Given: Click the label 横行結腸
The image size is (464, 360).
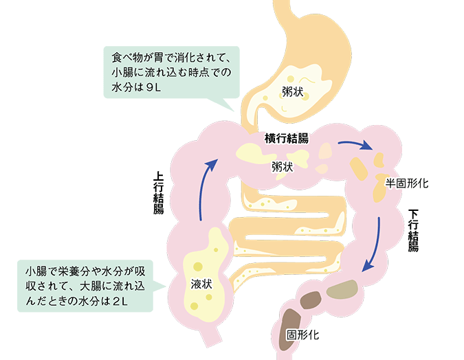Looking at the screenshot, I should click(x=287, y=138).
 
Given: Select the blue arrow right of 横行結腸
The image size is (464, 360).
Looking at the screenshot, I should click(x=355, y=145).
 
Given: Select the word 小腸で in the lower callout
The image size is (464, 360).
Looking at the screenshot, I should click(x=42, y=267).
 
